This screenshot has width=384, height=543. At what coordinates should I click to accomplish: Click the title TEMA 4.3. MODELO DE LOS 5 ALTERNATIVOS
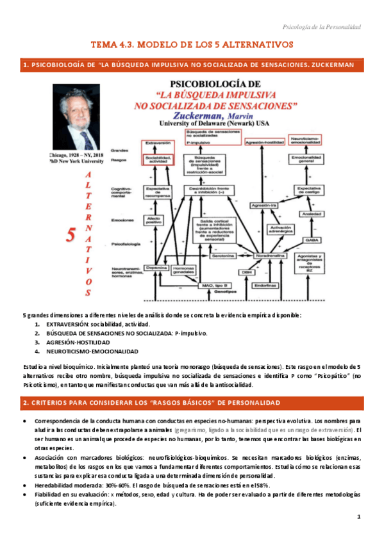(192, 45)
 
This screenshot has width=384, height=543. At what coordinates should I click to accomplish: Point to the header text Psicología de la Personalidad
(322, 27)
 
